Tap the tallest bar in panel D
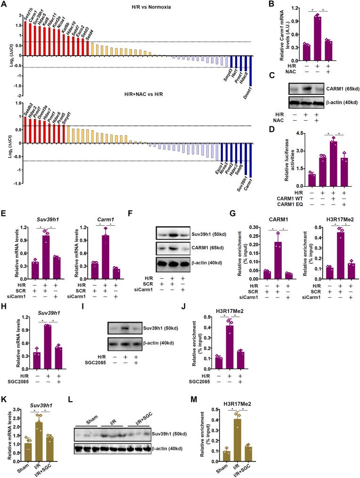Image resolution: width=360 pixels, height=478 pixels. (333, 159)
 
